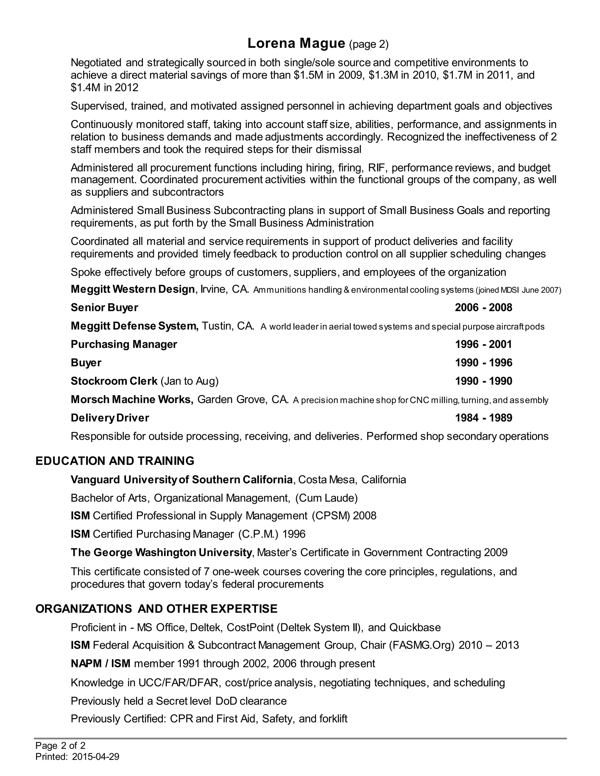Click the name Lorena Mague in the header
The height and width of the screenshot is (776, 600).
(x=296, y=43)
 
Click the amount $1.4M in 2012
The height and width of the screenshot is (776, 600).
(x=105, y=87)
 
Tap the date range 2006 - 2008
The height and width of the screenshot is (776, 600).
(x=483, y=307)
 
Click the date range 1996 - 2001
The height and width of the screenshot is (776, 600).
(x=483, y=344)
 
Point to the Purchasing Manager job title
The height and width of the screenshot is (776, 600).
(x=124, y=344)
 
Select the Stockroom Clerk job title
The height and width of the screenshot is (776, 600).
(x=114, y=381)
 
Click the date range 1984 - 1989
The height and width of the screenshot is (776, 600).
(x=483, y=418)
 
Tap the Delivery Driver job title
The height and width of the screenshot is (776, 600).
(x=110, y=418)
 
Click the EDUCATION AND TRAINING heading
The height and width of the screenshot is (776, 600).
(x=115, y=461)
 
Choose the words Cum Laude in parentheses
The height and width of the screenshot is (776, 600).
(x=326, y=498)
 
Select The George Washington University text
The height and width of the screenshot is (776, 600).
(x=161, y=553)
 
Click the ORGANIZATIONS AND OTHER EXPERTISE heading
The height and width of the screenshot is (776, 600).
(x=156, y=609)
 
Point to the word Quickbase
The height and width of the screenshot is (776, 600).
(x=415, y=628)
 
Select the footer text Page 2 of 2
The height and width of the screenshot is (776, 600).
(x=60, y=746)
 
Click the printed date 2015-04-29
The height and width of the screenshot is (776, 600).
(x=95, y=757)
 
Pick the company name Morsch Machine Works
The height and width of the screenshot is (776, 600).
(x=132, y=399)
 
